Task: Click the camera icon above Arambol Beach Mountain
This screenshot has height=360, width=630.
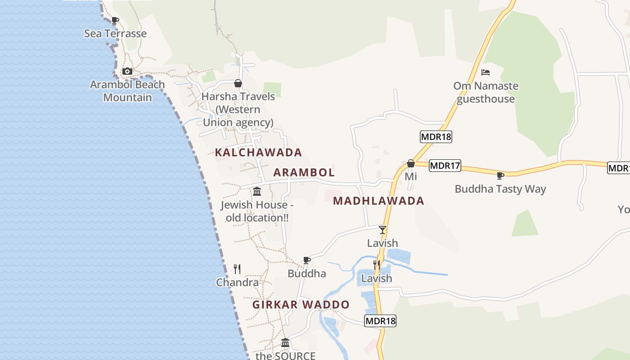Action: tap(127, 71)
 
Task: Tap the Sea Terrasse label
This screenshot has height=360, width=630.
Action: tap(115, 33)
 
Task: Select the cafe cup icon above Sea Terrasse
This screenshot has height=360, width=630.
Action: tap(115, 20)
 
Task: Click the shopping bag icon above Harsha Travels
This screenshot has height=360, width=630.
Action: tap(238, 83)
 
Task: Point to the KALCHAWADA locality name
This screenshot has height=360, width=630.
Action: tap(258, 153)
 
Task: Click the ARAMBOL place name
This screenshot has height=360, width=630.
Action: tap(304, 172)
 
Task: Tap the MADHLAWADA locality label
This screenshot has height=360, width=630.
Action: tap(378, 201)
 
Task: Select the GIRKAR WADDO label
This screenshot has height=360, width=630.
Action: tap(301, 305)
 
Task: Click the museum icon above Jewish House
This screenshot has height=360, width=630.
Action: tap(257, 191)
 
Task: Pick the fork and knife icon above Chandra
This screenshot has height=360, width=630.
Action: tap(237, 269)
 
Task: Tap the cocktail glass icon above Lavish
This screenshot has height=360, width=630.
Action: tap(382, 230)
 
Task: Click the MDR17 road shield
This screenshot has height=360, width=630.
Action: tap(445, 166)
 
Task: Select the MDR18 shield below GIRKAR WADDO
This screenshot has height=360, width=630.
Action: tap(380, 321)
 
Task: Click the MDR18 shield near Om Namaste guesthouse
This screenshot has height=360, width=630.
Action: tap(436, 137)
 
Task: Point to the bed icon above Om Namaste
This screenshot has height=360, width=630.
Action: tap(486, 72)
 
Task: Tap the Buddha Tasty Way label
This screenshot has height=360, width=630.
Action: tap(500, 189)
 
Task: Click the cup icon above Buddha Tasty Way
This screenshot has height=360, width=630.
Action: tap(500, 175)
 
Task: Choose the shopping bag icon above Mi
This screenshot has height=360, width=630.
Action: tap(411, 163)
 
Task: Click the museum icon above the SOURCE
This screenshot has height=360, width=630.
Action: tap(285, 342)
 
